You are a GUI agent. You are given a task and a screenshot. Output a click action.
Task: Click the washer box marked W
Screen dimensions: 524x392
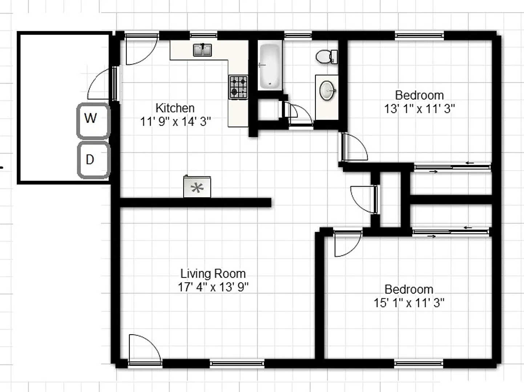tap(93, 121)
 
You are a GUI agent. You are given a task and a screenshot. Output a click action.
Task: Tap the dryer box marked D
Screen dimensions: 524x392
tap(94, 160)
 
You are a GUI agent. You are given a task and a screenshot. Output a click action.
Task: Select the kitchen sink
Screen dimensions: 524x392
tap(202, 50)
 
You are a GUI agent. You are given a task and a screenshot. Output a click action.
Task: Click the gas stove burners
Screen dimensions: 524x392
tap(238, 87)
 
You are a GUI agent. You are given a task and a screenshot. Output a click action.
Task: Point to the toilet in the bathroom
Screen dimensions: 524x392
tap(327, 57)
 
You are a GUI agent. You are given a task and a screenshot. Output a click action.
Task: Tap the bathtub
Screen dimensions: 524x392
tap(270, 66)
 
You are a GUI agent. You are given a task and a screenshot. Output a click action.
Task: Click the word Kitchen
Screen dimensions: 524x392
tap(175, 108)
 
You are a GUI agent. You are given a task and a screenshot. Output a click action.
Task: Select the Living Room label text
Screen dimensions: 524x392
tap(213, 274)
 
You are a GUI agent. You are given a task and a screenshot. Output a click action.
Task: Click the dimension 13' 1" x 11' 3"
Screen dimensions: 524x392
tap(419, 109)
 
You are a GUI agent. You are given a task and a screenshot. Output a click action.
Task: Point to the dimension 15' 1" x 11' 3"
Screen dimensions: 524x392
tap(409, 303)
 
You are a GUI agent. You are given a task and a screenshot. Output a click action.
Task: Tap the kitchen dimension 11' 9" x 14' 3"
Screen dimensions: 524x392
tap(176, 121)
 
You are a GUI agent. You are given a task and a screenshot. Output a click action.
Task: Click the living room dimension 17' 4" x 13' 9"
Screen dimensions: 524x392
tap(213, 287)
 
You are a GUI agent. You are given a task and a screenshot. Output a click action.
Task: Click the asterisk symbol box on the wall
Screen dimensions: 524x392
tap(197, 187)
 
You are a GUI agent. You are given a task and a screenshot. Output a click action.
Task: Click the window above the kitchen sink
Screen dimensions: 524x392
tap(203, 36)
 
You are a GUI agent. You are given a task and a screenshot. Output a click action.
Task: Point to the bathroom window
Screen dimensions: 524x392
tap(298, 36)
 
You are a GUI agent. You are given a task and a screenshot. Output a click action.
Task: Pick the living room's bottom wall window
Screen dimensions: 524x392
tap(237, 364)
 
